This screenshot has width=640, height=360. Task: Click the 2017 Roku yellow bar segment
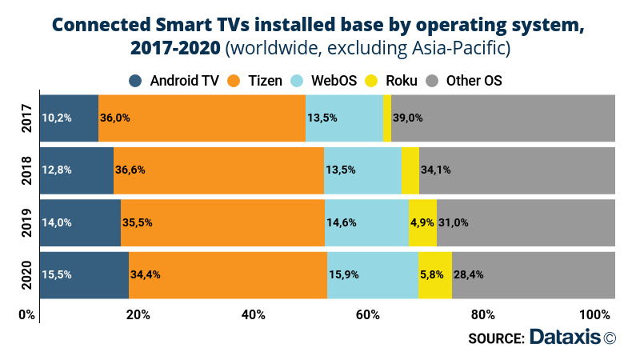(x=387, y=117)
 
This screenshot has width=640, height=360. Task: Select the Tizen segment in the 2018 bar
(x=218, y=169)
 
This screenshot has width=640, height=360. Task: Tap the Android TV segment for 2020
(x=84, y=274)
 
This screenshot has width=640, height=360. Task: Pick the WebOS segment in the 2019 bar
(x=366, y=222)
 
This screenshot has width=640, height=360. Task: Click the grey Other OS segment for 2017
(x=502, y=117)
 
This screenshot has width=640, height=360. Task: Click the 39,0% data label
(x=406, y=118)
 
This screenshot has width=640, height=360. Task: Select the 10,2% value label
(x=58, y=118)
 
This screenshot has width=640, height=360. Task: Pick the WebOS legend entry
(x=320, y=80)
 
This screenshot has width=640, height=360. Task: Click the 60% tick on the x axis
(x=368, y=314)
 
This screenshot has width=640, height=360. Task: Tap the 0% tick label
(x=27, y=314)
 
